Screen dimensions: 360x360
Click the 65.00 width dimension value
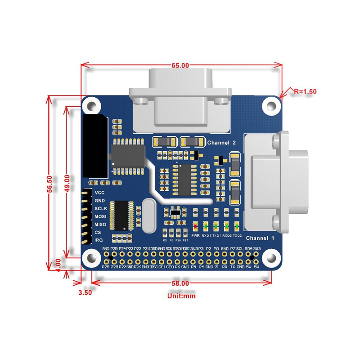180,65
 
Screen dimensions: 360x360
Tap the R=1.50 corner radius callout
305,90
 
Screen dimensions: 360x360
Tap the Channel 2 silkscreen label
221,143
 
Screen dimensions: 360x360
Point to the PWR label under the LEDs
195,235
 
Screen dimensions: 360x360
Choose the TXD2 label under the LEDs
238,235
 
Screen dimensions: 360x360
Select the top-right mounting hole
271,105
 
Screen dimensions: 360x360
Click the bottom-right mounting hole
271,258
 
